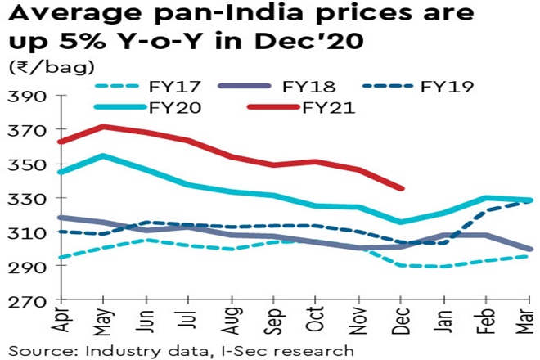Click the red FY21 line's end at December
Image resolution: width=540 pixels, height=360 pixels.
(x=401, y=189)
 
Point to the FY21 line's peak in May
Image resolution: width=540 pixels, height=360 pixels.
(x=102, y=127)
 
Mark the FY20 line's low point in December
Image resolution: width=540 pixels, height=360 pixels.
(x=401, y=222)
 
